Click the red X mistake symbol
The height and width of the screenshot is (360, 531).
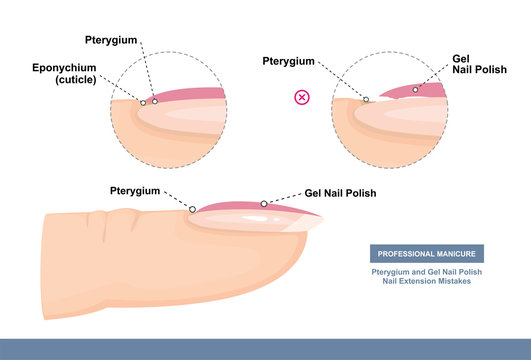tap(300, 98)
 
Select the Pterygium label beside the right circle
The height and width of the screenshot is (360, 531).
tap(289, 61)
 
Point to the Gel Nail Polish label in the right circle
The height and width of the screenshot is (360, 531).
tap(468, 64)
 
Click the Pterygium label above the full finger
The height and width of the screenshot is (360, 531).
tap(137, 189)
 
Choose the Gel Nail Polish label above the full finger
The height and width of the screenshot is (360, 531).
tap(340, 192)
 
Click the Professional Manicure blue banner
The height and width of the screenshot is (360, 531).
tap(427, 254)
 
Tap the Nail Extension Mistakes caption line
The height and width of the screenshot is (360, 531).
tap(427, 282)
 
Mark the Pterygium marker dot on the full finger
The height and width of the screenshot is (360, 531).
tap(192, 209)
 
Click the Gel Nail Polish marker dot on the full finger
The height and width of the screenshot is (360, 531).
tap(264, 204)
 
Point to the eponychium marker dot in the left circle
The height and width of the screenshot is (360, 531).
tap(143, 102)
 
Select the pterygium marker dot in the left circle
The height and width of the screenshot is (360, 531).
tap(154, 101)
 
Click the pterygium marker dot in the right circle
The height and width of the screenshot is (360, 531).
tap(366, 99)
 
